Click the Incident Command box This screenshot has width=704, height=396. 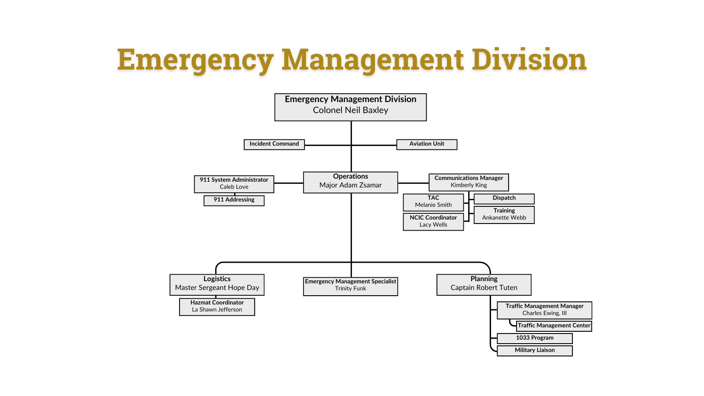point(274,144)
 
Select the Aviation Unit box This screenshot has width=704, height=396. point(427,144)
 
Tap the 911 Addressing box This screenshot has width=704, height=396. point(234,200)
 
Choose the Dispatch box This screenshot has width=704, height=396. point(504,198)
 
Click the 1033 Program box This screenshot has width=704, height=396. point(535,338)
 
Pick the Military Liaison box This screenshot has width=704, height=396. point(535,350)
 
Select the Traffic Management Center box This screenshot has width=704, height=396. point(554,326)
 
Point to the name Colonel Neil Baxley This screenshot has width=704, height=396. point(351,110)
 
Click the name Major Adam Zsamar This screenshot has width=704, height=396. point(351,185)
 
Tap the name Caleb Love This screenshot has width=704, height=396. point(234,187)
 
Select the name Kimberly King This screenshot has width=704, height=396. point(469,185)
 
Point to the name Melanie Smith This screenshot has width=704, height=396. point(433,205)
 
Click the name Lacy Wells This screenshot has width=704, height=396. point(433,225)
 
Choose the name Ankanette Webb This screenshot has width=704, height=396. point(504,218)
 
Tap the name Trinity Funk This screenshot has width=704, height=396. point(351,289)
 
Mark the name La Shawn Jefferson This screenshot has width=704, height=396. point(217,310)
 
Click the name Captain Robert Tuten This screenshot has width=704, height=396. point(484,288)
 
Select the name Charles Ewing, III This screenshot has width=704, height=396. point(545,313)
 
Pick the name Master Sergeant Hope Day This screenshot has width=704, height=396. point(217,288)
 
